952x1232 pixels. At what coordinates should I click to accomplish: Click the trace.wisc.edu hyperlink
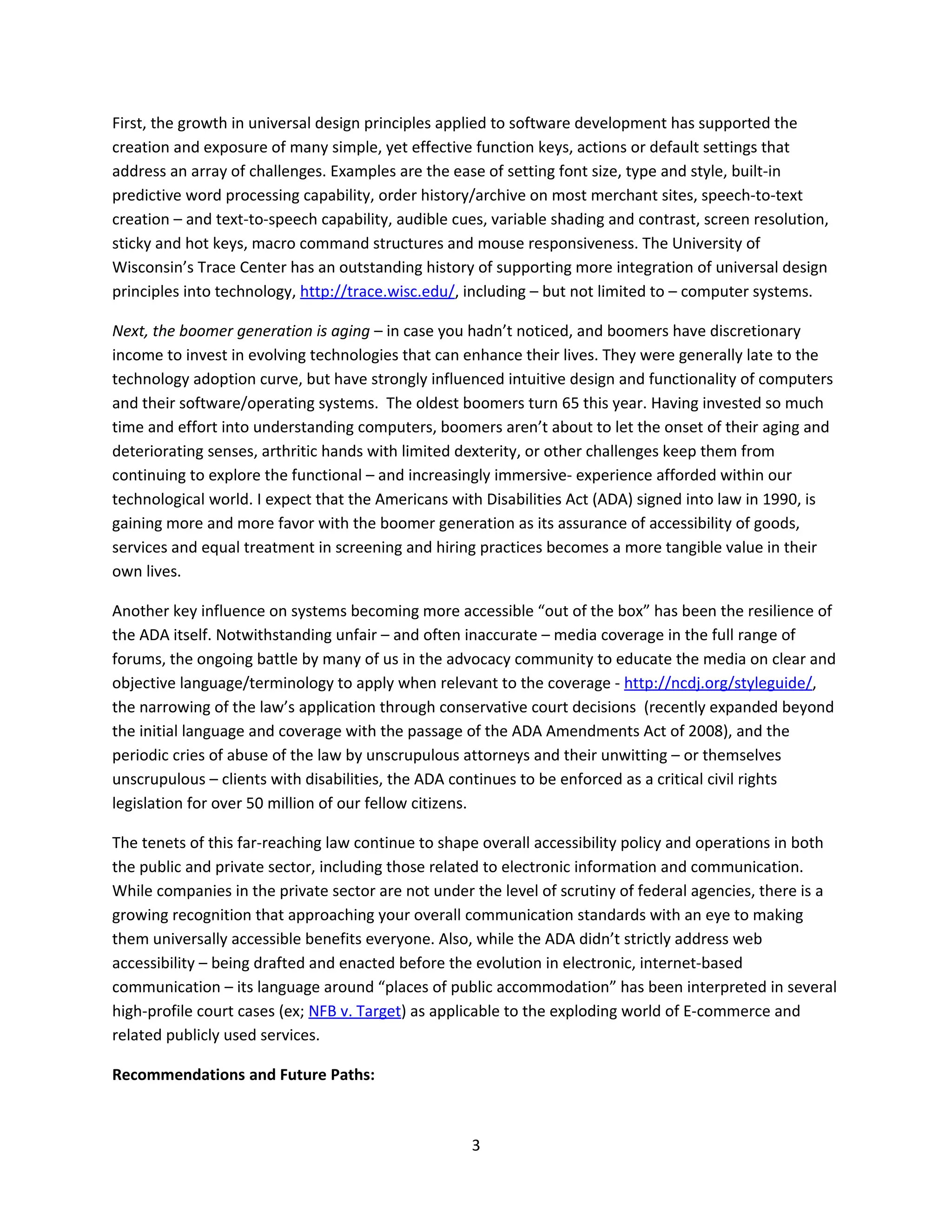click(377, 291)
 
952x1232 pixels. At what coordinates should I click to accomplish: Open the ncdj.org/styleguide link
click(718, 683)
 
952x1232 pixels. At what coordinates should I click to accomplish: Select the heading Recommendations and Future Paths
click(243, 1074)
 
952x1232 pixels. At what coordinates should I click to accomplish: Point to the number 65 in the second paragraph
click(570, 404)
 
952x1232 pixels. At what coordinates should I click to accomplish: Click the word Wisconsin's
click(152, 267)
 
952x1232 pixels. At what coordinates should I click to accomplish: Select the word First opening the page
click(128, 124)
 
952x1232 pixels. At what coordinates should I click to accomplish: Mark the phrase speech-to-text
click(751, 195)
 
